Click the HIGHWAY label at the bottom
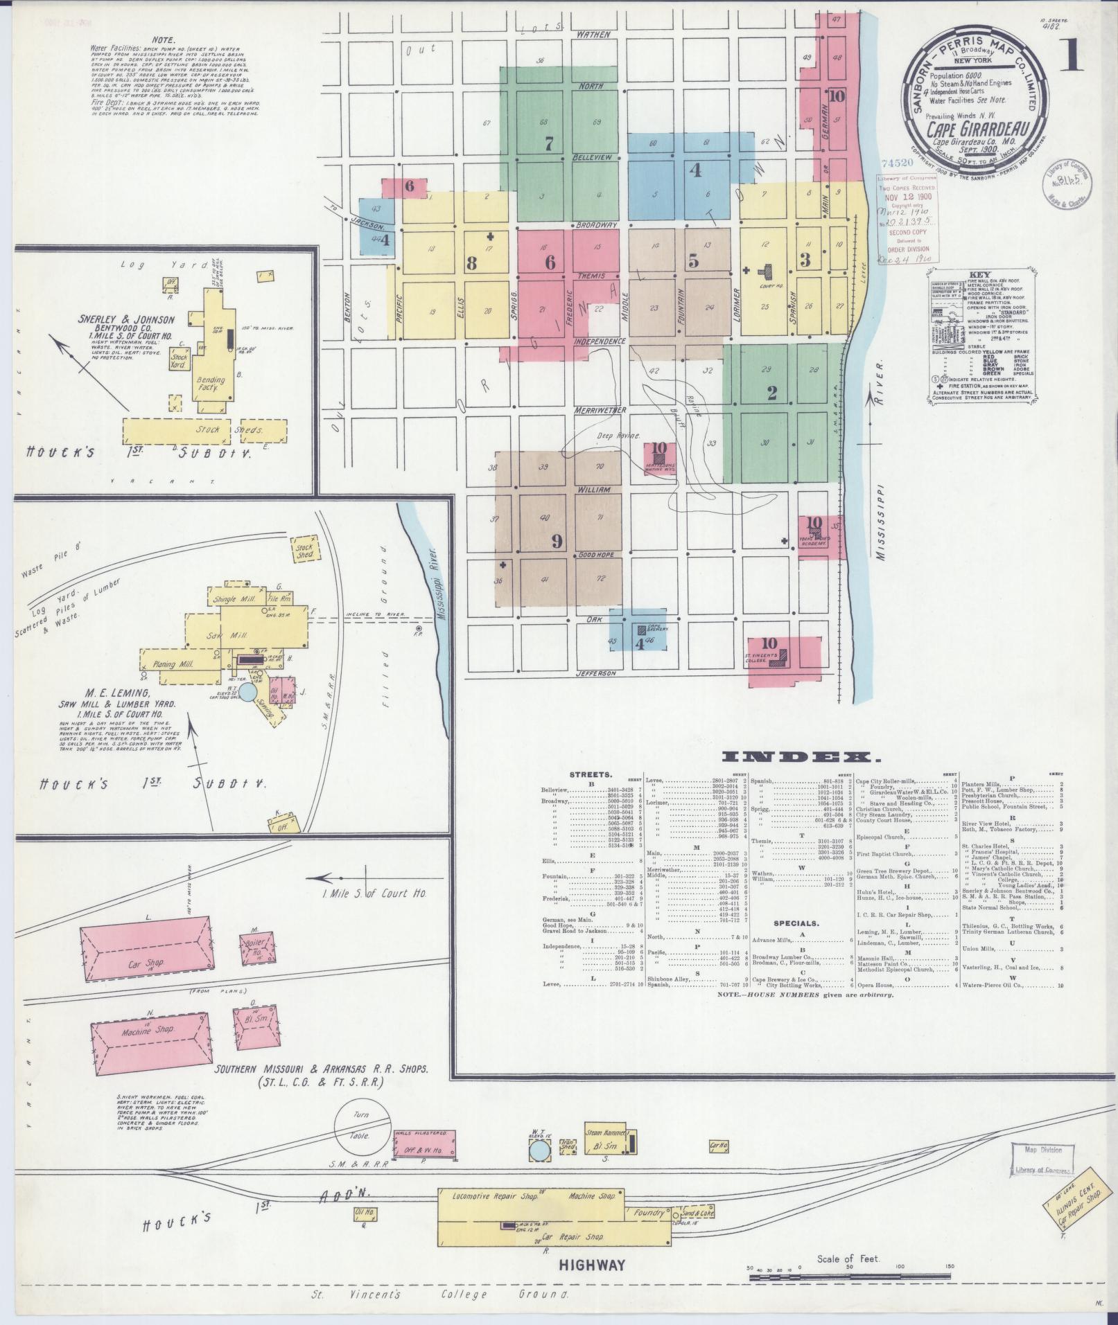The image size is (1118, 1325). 592,1265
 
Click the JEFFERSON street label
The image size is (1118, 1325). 595,673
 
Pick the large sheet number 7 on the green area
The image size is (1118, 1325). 549,144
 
